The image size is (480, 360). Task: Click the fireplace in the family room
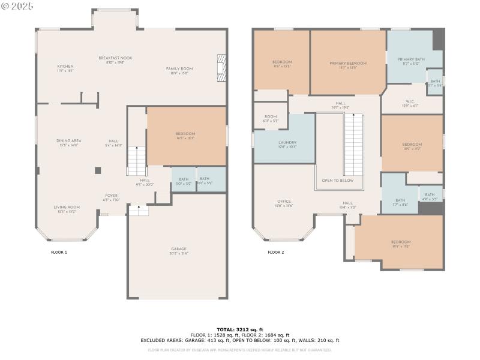point(221,68)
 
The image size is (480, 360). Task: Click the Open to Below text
point(338,181)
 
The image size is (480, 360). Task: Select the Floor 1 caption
point(59,253)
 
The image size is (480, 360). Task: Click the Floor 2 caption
point(276,253)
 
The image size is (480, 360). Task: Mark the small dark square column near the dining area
point(97,170)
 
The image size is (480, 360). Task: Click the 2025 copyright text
point(18,5)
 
